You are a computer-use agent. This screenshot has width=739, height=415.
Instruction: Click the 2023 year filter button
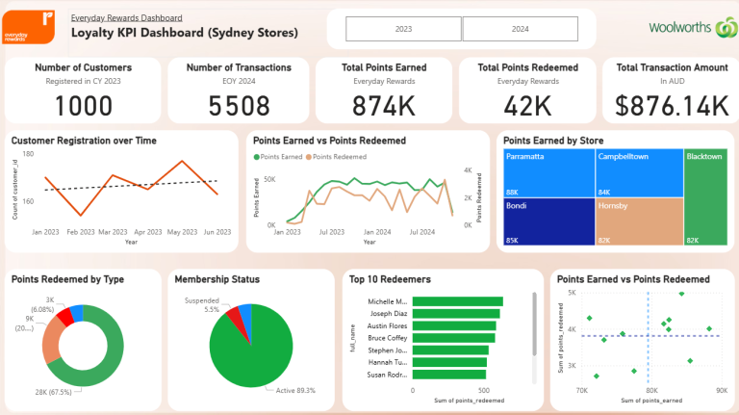[403, 30]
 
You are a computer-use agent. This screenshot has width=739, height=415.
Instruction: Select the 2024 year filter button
[520, 30]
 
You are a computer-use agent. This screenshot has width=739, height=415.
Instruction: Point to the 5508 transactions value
[239, 106]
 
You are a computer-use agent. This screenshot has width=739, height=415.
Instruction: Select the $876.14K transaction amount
[673, 106]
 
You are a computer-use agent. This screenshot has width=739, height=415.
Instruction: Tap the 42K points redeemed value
[527, 106]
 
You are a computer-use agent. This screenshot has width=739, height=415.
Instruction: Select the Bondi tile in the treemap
[544, 220]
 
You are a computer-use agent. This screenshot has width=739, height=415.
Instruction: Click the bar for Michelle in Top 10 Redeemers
[457, 302]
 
